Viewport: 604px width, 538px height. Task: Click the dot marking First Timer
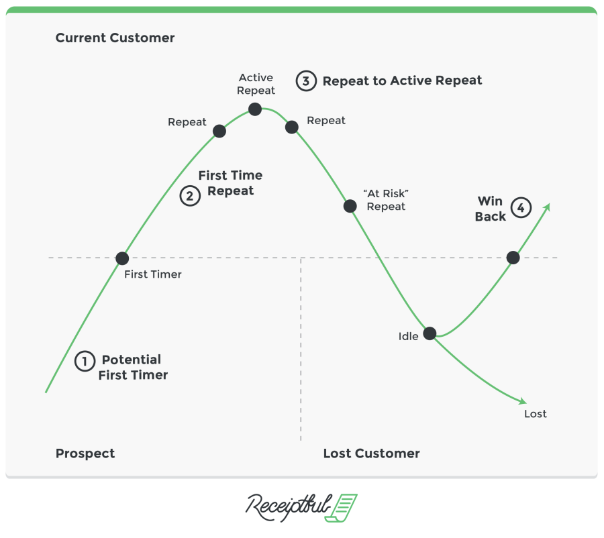(x=122, y=258)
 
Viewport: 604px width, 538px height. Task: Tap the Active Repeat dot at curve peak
(x=255, y=109)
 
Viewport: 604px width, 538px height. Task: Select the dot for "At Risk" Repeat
(x=350, y=206)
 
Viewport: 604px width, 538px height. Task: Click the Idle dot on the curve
(x=430, y=333)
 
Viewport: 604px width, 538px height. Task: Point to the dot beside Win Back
(x=513, y=257)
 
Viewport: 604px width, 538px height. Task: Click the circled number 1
(x=85, y=361)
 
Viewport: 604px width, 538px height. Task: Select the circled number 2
(x=190, y=196)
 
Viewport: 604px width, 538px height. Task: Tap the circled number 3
(x=306, y=81)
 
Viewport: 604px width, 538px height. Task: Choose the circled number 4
(x=521, y=208)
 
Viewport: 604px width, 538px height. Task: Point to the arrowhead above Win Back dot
(x=547, y=207)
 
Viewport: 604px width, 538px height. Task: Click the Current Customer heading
(x=115, y=38)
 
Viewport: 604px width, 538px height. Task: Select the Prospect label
(x=85, y=453)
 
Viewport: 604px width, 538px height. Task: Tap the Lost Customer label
(x=371, y=453)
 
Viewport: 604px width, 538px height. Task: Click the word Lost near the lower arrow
(x=535, y=414)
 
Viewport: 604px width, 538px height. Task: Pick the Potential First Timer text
(x=132, y=368)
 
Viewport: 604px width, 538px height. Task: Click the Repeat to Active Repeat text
(x=402, y=80)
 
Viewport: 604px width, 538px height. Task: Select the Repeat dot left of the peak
(x=219, y=131)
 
